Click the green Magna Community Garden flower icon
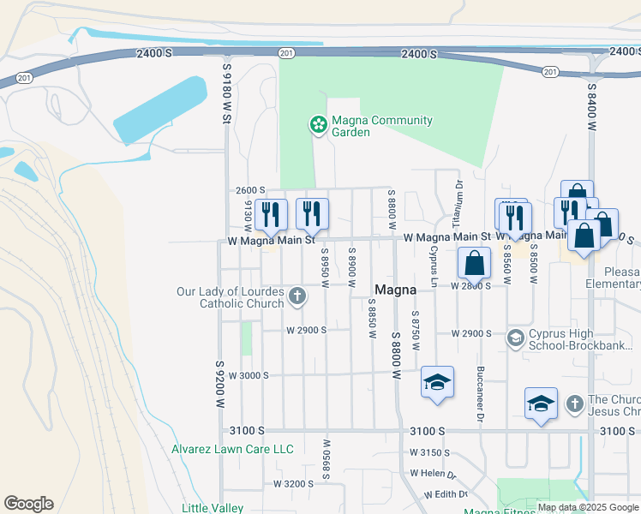[x=318, y=126]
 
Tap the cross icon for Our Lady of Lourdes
[x=297, y=297]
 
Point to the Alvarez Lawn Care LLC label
[x=232, y=449]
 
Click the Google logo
[x=28, y=504]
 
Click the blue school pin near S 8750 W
[x=436, y=382]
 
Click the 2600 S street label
[x=251, y=190]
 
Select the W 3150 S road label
[x=429, y=451]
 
